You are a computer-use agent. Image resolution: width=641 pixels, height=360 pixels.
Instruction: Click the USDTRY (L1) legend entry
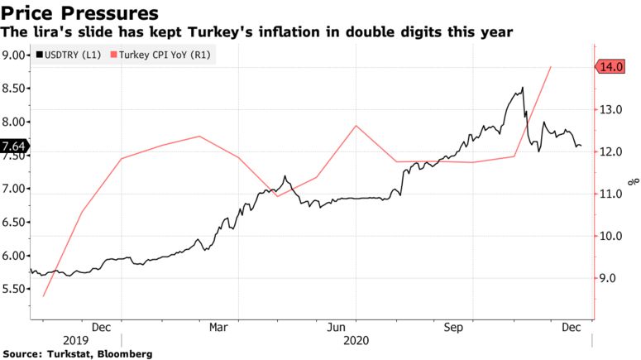(x=70, y=55)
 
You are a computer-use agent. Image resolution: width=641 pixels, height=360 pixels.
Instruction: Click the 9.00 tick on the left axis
(x=14, y=55)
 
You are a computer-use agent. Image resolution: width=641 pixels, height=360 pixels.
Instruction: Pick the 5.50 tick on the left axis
(x=14, y=290)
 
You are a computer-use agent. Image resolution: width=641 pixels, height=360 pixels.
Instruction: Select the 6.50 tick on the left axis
(x=14, y=223)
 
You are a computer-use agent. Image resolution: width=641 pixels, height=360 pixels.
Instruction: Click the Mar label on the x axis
(x=218, y=327)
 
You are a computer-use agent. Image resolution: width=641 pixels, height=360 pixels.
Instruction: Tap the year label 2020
(x=357, y=340)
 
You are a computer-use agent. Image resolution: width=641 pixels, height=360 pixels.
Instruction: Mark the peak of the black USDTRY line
(x=522, y=88)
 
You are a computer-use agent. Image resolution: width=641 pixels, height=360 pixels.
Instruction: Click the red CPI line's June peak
(x=355, y=126)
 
